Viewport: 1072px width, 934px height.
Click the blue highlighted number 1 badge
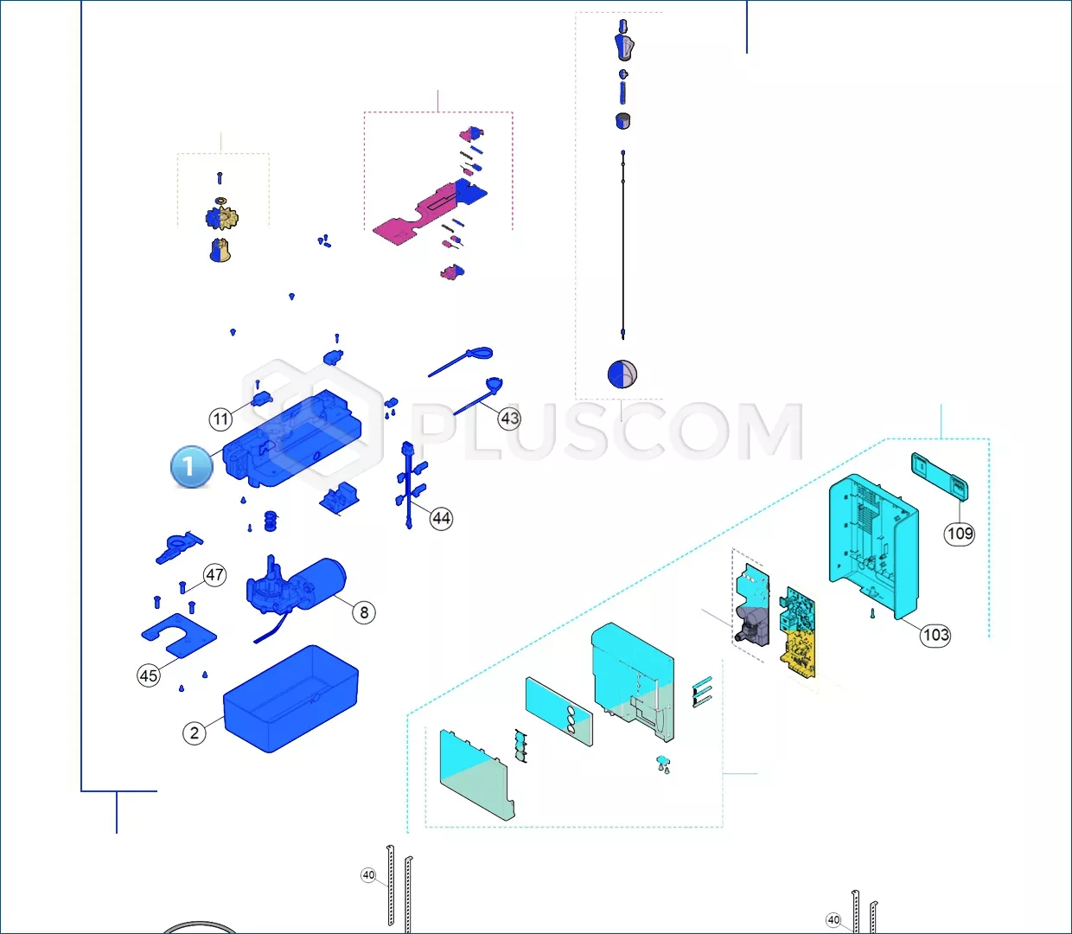click(x=191, y=466)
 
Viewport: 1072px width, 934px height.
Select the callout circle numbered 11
click(x=220, y=419)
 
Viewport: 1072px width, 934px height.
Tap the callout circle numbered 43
click(x=509, y=419)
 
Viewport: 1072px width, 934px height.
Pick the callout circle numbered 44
click(x=441, y=518)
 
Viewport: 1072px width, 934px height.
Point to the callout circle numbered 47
click(x=214, y=575)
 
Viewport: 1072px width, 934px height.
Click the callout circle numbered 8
click(x=364, y=612)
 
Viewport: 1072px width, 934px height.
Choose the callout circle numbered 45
click(x=149, y=675)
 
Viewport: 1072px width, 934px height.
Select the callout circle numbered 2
click(x=195, y=732)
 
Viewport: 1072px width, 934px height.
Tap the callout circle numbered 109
click(x=960, y=534)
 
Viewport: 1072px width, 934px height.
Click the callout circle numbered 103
click(x=935, y=635)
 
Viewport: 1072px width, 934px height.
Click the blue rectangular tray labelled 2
click(x=290, y=699)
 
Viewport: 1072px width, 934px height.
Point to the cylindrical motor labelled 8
click(x=296, y=586)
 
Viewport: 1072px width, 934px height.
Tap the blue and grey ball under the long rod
click(x=622, y=374)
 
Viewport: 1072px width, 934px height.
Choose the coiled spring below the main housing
click(x=271, y=521)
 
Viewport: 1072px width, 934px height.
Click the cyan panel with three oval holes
click(x=559, y=711)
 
